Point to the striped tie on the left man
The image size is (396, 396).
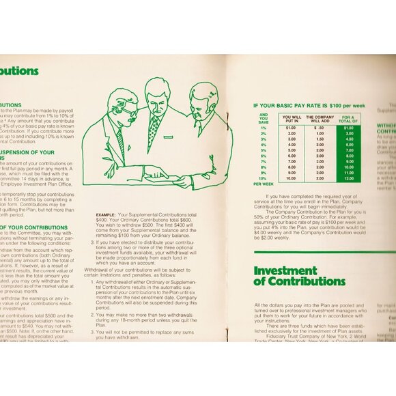[120, 141]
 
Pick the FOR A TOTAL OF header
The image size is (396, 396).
[348, 119]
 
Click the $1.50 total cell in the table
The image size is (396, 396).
[348, 128]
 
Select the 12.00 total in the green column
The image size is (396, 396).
[348, 179]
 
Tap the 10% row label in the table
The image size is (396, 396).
[264, 178]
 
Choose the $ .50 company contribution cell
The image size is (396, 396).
[320, 128]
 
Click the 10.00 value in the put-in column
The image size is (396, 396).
[291, 179]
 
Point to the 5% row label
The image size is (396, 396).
[264, 150]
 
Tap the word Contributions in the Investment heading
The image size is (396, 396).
[307, 281]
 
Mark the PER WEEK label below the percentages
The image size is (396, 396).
[264, 184]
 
